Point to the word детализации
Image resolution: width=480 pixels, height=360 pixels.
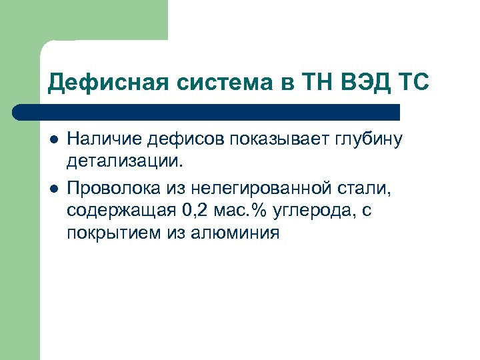pos(124,160)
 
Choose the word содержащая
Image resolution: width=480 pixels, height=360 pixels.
pos(119,212)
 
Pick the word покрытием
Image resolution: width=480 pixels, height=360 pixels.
pos(110,233)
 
